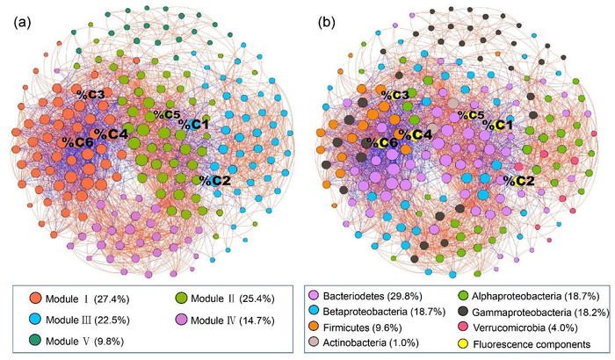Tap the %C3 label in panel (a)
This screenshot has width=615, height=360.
coord(90,94)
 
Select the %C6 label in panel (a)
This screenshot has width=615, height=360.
coord(77,141)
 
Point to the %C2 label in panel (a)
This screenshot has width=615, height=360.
coord(214,180)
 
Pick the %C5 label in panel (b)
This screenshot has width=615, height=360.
coord(470,115)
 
